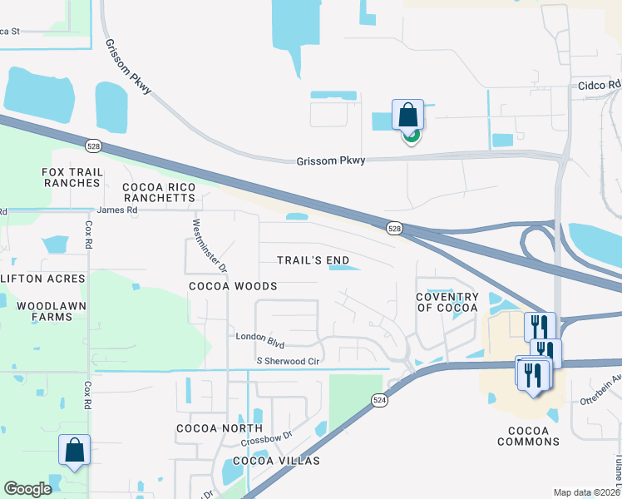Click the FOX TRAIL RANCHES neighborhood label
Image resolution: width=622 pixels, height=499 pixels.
click(x=72, y=177)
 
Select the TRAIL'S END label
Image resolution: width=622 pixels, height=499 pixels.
click(x=313, y=260)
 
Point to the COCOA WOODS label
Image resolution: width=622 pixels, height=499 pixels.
click(x=232, y=285)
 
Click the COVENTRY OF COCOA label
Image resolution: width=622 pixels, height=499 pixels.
click(x=447, y=303)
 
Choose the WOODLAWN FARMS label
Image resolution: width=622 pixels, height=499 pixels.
click(x=51, y=311)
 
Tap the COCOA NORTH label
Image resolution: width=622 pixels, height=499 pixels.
click(x=208, y=428)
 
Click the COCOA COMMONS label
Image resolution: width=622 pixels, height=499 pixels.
click(x=529, y=436)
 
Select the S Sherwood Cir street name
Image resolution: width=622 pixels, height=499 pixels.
click(x=289, y=361)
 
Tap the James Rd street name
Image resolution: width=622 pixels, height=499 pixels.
click(x=116, y=210)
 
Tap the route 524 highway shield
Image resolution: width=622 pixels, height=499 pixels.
click(x=379, y=400)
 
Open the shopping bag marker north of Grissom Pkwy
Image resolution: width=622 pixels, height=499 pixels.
click(x=408, y=115)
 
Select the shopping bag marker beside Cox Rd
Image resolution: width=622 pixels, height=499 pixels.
click(x=74, y=450)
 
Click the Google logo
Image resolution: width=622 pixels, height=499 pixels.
click(x=27, y=489)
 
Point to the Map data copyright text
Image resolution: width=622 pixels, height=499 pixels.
click(x=586, y=492)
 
